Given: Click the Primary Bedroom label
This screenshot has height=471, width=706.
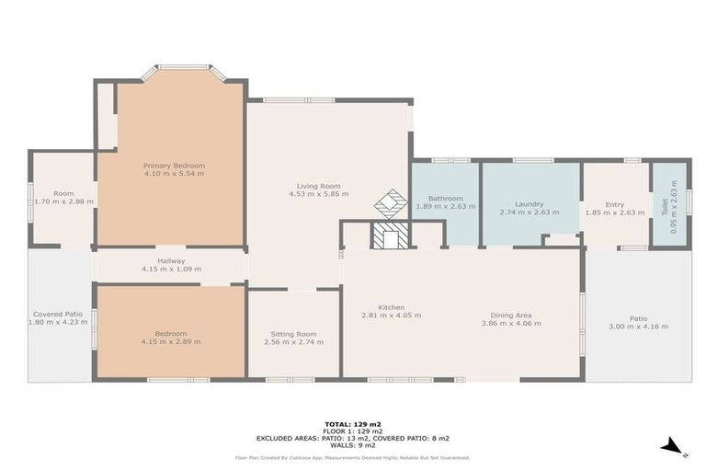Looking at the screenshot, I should point(174,165).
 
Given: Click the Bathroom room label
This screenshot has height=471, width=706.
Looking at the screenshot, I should point(445,198).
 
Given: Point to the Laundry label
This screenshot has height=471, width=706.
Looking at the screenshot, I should point(529,204).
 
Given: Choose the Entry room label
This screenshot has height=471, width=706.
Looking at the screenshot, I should point(615,204).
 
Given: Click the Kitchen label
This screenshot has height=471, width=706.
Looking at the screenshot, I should point(391,307).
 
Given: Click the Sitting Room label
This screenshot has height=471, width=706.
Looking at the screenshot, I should point(293,334).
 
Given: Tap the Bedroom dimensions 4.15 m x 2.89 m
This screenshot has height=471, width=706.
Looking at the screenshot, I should point(171,341).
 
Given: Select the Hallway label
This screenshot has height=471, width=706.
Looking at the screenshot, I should point(171,260).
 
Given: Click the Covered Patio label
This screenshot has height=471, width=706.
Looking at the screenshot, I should point(58,314).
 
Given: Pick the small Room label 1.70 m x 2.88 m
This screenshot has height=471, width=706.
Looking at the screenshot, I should point(63,194).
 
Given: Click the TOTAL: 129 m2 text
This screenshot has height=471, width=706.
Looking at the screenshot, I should point(352,424).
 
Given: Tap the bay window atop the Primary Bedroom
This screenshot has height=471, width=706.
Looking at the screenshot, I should point(183,68).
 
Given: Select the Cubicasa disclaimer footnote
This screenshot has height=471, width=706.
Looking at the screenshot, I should point(352,457).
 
